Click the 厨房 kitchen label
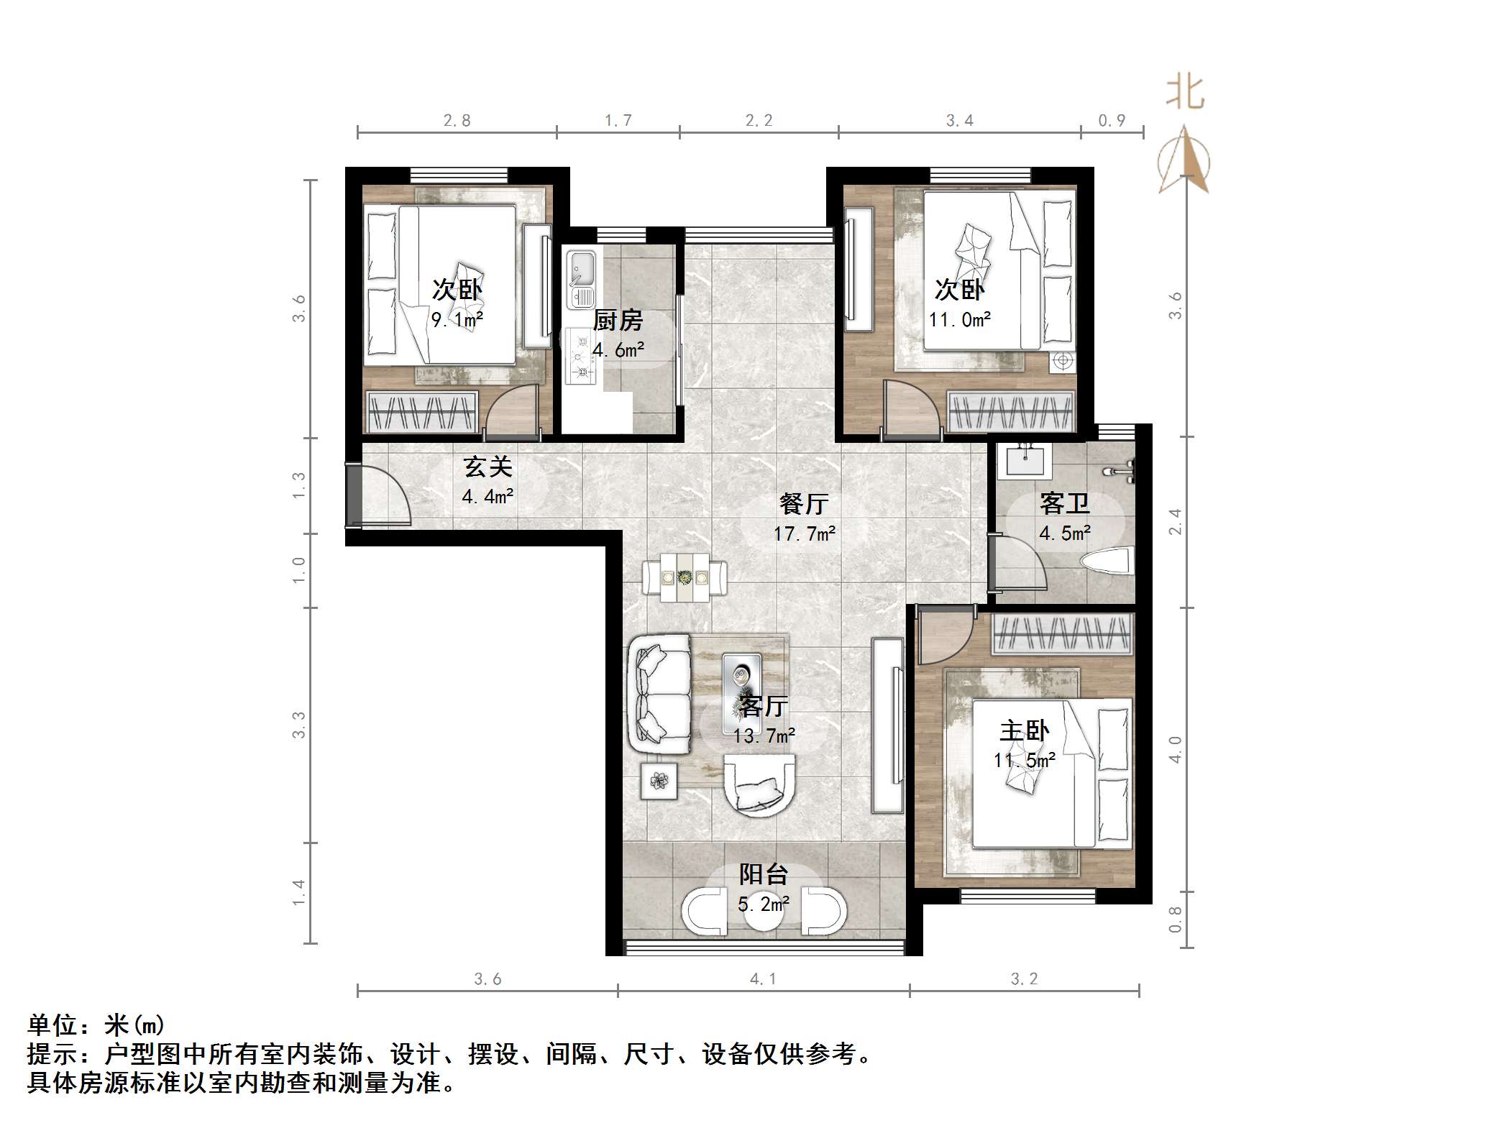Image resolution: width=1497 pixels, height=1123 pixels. click(x=618, y=320)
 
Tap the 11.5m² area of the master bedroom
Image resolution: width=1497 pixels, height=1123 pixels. click(x=1024, y=760)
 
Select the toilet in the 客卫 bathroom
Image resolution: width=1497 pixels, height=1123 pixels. click(x=1112, y=561)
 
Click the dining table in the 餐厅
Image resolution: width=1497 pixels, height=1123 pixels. click(x=685, y=577)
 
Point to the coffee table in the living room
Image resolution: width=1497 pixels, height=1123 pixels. click(x=741, y=683)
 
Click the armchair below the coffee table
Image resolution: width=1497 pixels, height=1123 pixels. click(x=759, y=784)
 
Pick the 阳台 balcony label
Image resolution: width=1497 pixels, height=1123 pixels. click(x=764, y=874)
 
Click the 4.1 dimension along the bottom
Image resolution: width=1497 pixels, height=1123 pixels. click(x=763, y=978)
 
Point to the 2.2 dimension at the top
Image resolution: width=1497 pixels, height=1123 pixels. click(x=759, y=121)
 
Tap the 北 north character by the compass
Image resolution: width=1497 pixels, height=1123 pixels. click(x=1185, y=94)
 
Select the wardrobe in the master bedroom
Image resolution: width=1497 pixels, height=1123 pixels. click(x=1062, y=634)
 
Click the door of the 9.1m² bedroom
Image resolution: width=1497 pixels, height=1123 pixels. click(x=512, y=413)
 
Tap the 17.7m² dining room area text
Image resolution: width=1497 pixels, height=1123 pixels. click(x=804, y=533)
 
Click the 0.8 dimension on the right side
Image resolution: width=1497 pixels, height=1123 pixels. click(x=1175, y=919)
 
